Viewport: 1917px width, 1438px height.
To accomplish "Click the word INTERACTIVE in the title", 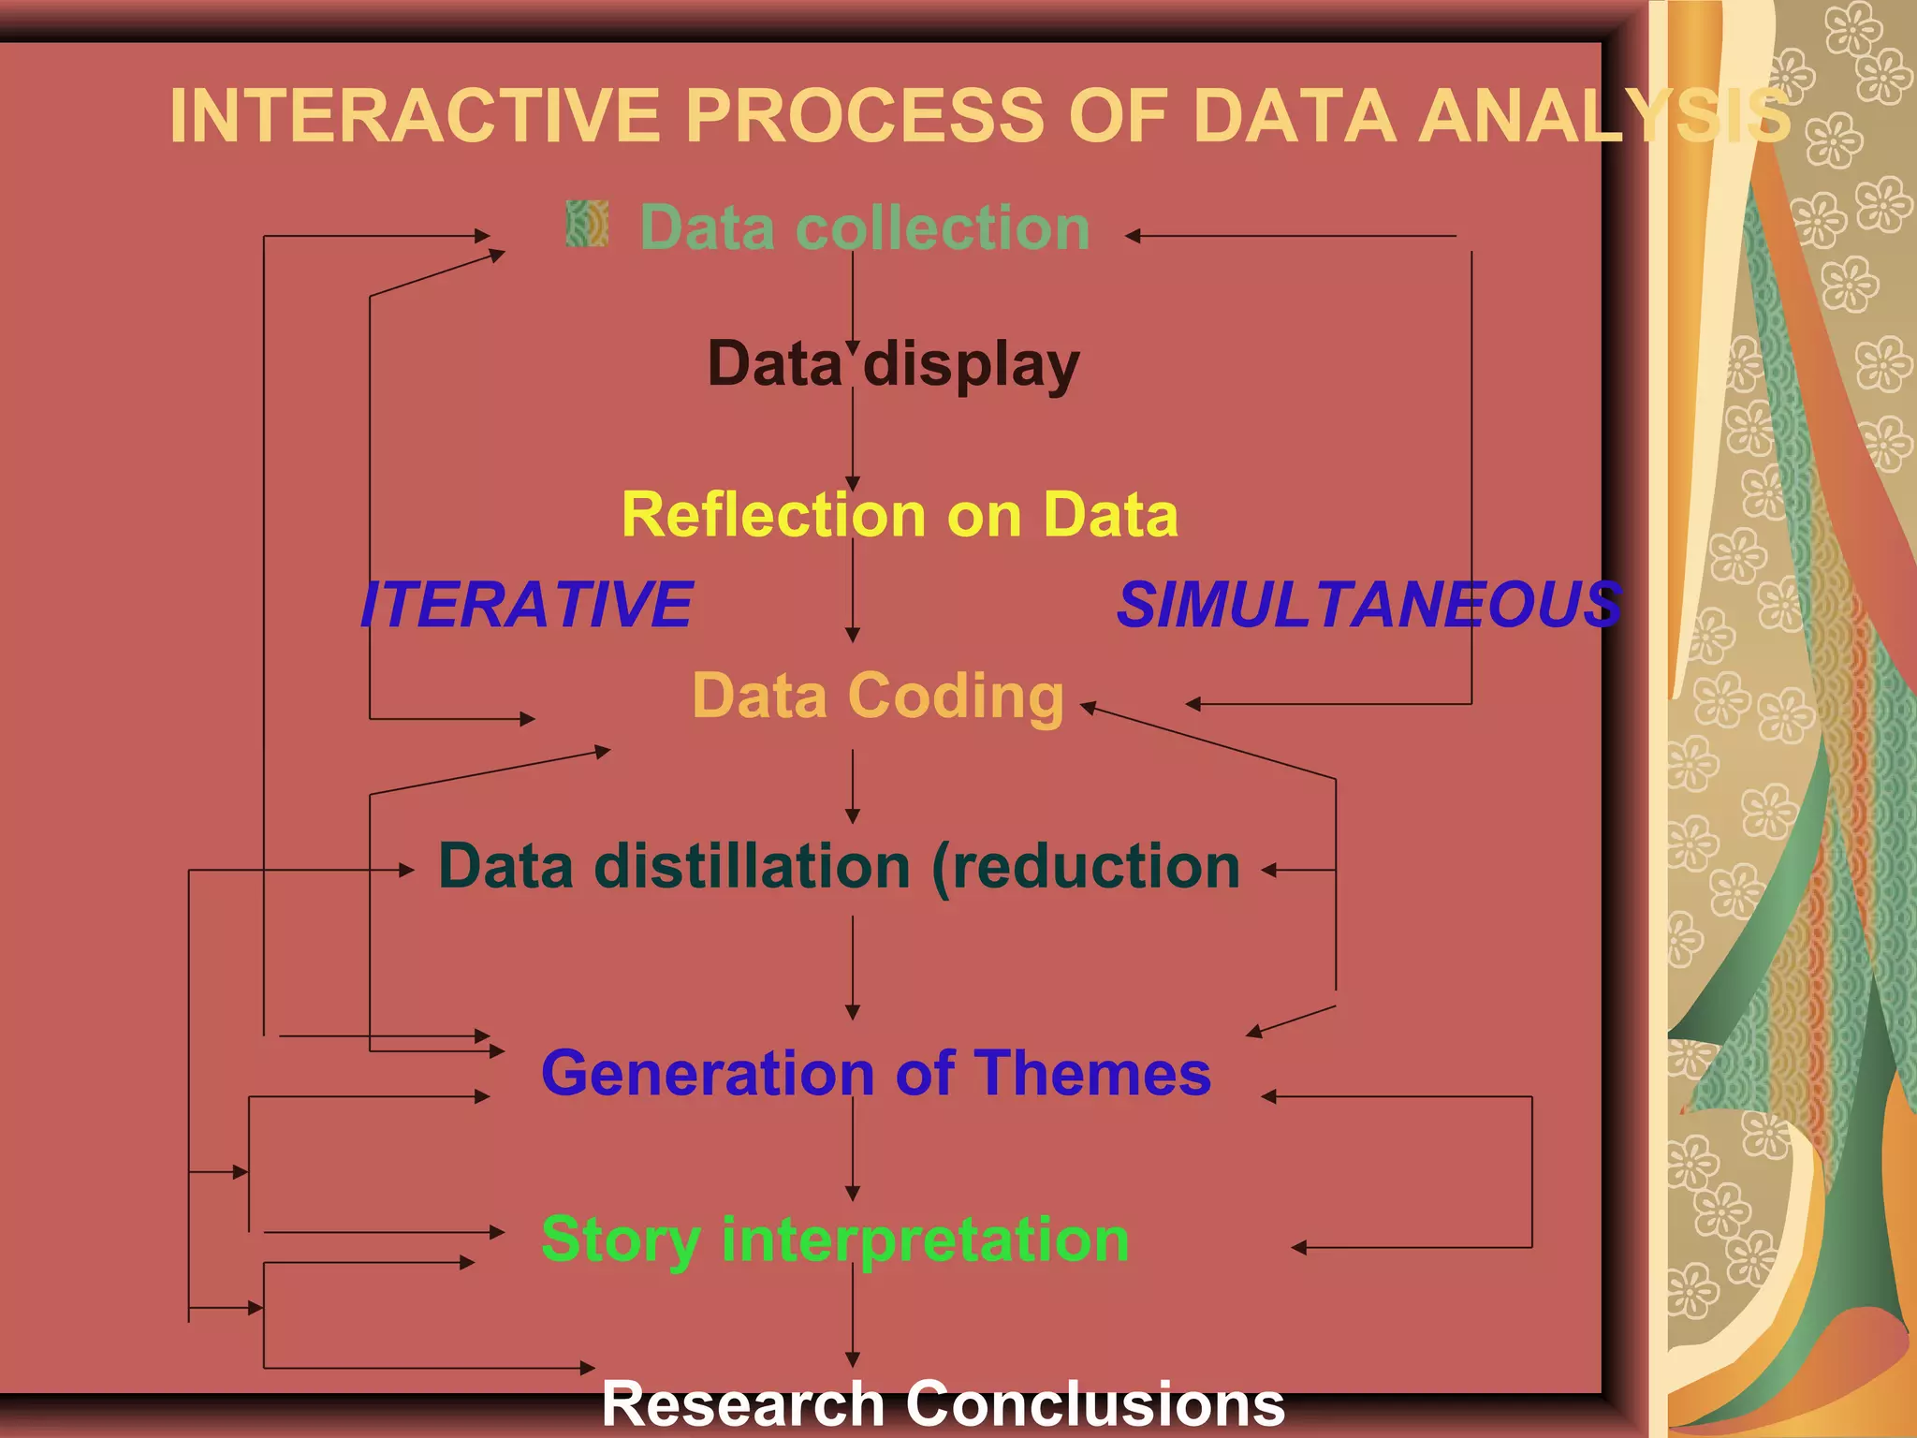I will pos(415,116).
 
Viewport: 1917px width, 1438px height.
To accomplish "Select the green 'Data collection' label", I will pos(865,227).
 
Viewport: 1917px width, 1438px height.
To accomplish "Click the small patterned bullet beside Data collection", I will pos(588,225).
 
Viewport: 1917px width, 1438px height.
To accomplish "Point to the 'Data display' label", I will pos(893,364).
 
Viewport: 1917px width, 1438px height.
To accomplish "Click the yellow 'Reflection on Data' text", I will pos(900,515).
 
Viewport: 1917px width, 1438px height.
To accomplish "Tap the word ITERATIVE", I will pos(527,605).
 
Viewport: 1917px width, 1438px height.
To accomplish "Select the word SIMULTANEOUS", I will pos(1369,605).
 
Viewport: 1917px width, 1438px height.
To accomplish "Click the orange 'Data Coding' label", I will pos(878,697).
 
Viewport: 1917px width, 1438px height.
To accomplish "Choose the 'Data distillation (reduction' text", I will pos(839,866).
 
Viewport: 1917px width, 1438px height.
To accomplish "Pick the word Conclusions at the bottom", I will pos(1095,1404).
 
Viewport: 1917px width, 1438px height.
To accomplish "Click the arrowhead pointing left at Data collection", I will pos(1133,237).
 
